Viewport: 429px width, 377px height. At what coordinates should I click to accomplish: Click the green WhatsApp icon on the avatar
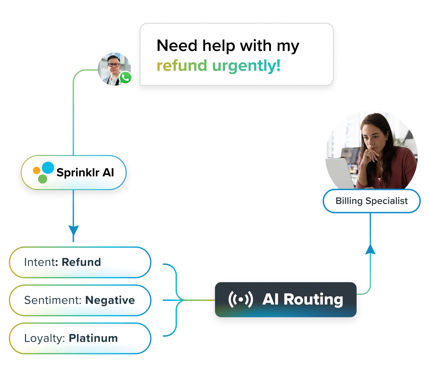pyautogui.click(x=125, y=78)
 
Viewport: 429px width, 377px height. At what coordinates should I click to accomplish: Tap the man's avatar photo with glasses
pyautogui.click(x=114, y=67)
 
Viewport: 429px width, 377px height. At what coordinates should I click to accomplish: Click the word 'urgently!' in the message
pyautogui.click(x=246, y=66)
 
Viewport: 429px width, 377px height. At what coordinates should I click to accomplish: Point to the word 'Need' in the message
pyautogui.click(x=177, y=46)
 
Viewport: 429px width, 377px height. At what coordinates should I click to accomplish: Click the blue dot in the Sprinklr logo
pyautogui.click(x=48, y=167)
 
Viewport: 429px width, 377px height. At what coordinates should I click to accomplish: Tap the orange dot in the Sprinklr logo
pyautogui.click(x=36, y=170)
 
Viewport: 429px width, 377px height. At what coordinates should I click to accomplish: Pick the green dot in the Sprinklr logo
pyautogui.click(x=42, y=179)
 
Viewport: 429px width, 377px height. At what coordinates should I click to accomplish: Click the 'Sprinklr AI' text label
pyautogui.click(x=85, y=173)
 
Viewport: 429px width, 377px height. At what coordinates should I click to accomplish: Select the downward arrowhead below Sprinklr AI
pyautogui.click(x=73, y=230)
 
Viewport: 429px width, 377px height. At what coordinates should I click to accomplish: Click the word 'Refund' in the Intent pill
pyautogui.click(x=81, y=262)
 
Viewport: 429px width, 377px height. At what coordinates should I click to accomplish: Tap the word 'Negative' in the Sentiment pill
pyautogui.click(x=110, y=300)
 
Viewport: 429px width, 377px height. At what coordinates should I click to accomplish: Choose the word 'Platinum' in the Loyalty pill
pyautogui.click(x=93, y=338)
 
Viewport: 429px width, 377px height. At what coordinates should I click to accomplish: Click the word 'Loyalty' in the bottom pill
pyautogui.click(x=43, y=338)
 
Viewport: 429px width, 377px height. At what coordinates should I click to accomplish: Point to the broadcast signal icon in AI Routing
pyautogui.click(x=240, y=299)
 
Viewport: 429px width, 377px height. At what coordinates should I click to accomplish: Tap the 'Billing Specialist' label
pyautogui.click(x=371, y=201)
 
